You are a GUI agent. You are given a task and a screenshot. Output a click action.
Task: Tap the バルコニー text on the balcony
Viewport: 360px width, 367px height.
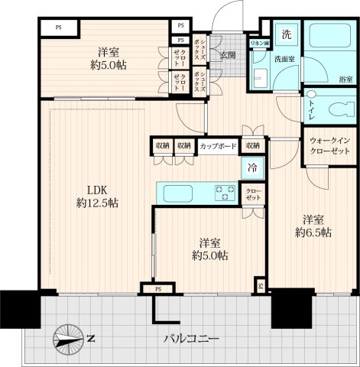[x=191, y=338]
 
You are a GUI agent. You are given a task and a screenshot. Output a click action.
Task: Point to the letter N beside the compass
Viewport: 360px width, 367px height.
[x=91, y=338]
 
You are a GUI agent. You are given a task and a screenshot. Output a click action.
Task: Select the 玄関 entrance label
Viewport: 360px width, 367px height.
[x=229, y=55]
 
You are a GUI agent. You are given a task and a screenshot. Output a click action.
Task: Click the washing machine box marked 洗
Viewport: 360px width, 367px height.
[x=286, y=35]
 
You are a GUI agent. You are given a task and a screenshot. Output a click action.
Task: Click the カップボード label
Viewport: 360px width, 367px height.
[x=218, y=145]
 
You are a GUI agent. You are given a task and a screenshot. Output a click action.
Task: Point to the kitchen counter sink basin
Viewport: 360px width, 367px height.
[x=177, y=192]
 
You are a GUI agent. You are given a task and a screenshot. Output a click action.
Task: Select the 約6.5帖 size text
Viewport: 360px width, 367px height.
[x=313, y=231]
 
